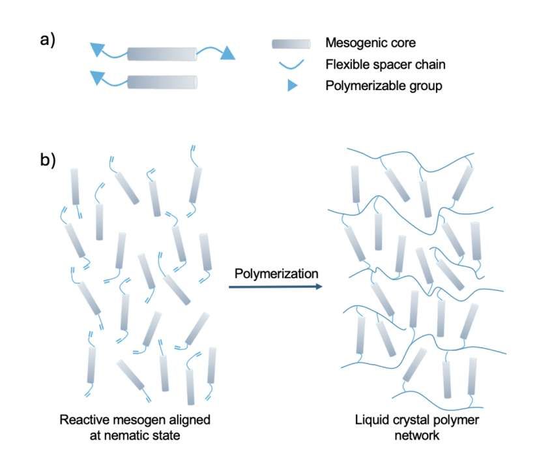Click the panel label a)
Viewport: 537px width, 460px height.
point(48,40)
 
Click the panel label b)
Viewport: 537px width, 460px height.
point(48,159)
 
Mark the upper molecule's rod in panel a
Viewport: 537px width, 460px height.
point(162,54)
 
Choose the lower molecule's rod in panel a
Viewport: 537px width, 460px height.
point(162,82)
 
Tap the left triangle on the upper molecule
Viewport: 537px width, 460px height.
point(97,48)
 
